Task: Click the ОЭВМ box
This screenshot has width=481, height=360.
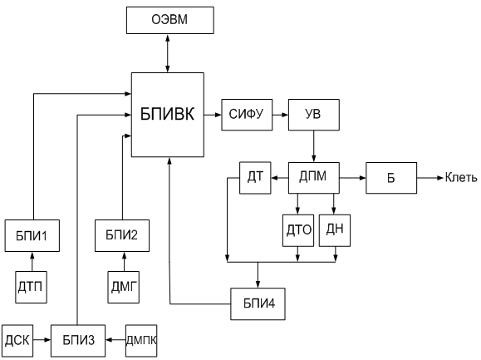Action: pos(170,20)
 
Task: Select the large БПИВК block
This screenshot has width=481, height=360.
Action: pos(168,115)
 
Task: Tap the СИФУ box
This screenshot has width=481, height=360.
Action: pos(247,115)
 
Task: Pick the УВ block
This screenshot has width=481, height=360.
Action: pos(314,115)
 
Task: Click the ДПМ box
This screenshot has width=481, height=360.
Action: pos(314,178)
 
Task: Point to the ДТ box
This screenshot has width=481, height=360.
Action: pos(255,178)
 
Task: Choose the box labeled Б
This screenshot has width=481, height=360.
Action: pos(391,178)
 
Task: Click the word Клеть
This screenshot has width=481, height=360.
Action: pos(461,178)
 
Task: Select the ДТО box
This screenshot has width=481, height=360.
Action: pos(298,230)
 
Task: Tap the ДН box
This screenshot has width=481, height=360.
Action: pos(335,230)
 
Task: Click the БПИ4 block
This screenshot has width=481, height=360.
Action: pos(258,303)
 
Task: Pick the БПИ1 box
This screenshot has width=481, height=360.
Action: pos(32,235)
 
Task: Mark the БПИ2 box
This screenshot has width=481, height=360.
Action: pos(122,235)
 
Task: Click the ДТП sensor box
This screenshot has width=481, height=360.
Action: pos(32,288)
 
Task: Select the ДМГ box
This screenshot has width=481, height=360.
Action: pos(123,288)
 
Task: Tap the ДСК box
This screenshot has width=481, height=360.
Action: pos(17,341)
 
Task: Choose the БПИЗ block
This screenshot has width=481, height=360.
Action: pos(78,341)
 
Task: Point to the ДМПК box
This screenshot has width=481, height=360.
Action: pos(141,341)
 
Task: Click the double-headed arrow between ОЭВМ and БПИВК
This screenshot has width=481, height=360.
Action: pos(168,53)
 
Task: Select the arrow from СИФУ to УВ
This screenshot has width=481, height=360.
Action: pos(281,115)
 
